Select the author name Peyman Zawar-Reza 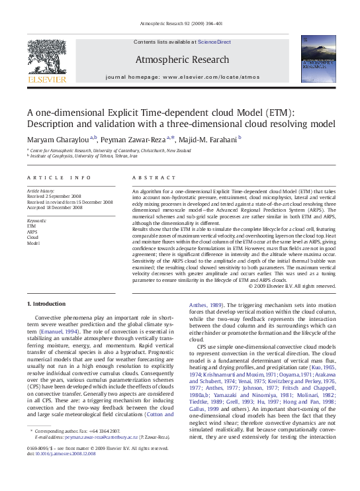(135, 138)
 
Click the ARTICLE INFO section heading (59, 178)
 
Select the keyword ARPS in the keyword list (32, 232)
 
